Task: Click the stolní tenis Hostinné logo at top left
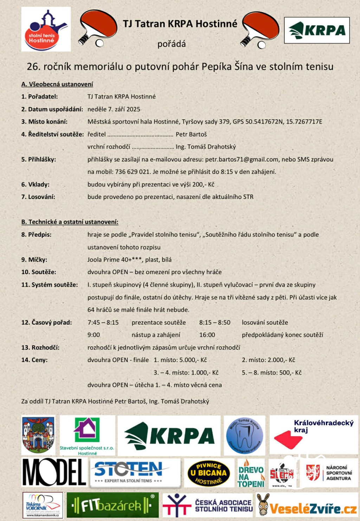click(x=46, y=29)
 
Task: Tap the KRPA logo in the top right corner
click(x=317, y=30)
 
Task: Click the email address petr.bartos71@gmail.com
click(x=242, y=159)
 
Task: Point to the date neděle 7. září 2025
click(x=114, y=109)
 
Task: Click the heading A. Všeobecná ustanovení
click(x=57, y=84)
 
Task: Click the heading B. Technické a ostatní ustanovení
click(x=70, y=222)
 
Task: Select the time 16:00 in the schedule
click(x=207, y=335)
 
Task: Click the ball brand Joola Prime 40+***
click(x=115, y=260)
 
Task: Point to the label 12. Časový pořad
click(x=46, y=323)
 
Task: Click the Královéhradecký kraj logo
click(x=313, y=434)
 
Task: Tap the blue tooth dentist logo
click(x=244, y=435)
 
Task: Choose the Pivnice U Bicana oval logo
click(x=209, y=473)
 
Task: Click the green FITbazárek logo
click(x=112, y=506)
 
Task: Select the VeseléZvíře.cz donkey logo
click(x=306, y=506)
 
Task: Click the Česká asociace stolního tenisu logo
click(x=208, y=506)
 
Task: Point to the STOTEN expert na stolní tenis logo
click(x=135, y=473)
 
